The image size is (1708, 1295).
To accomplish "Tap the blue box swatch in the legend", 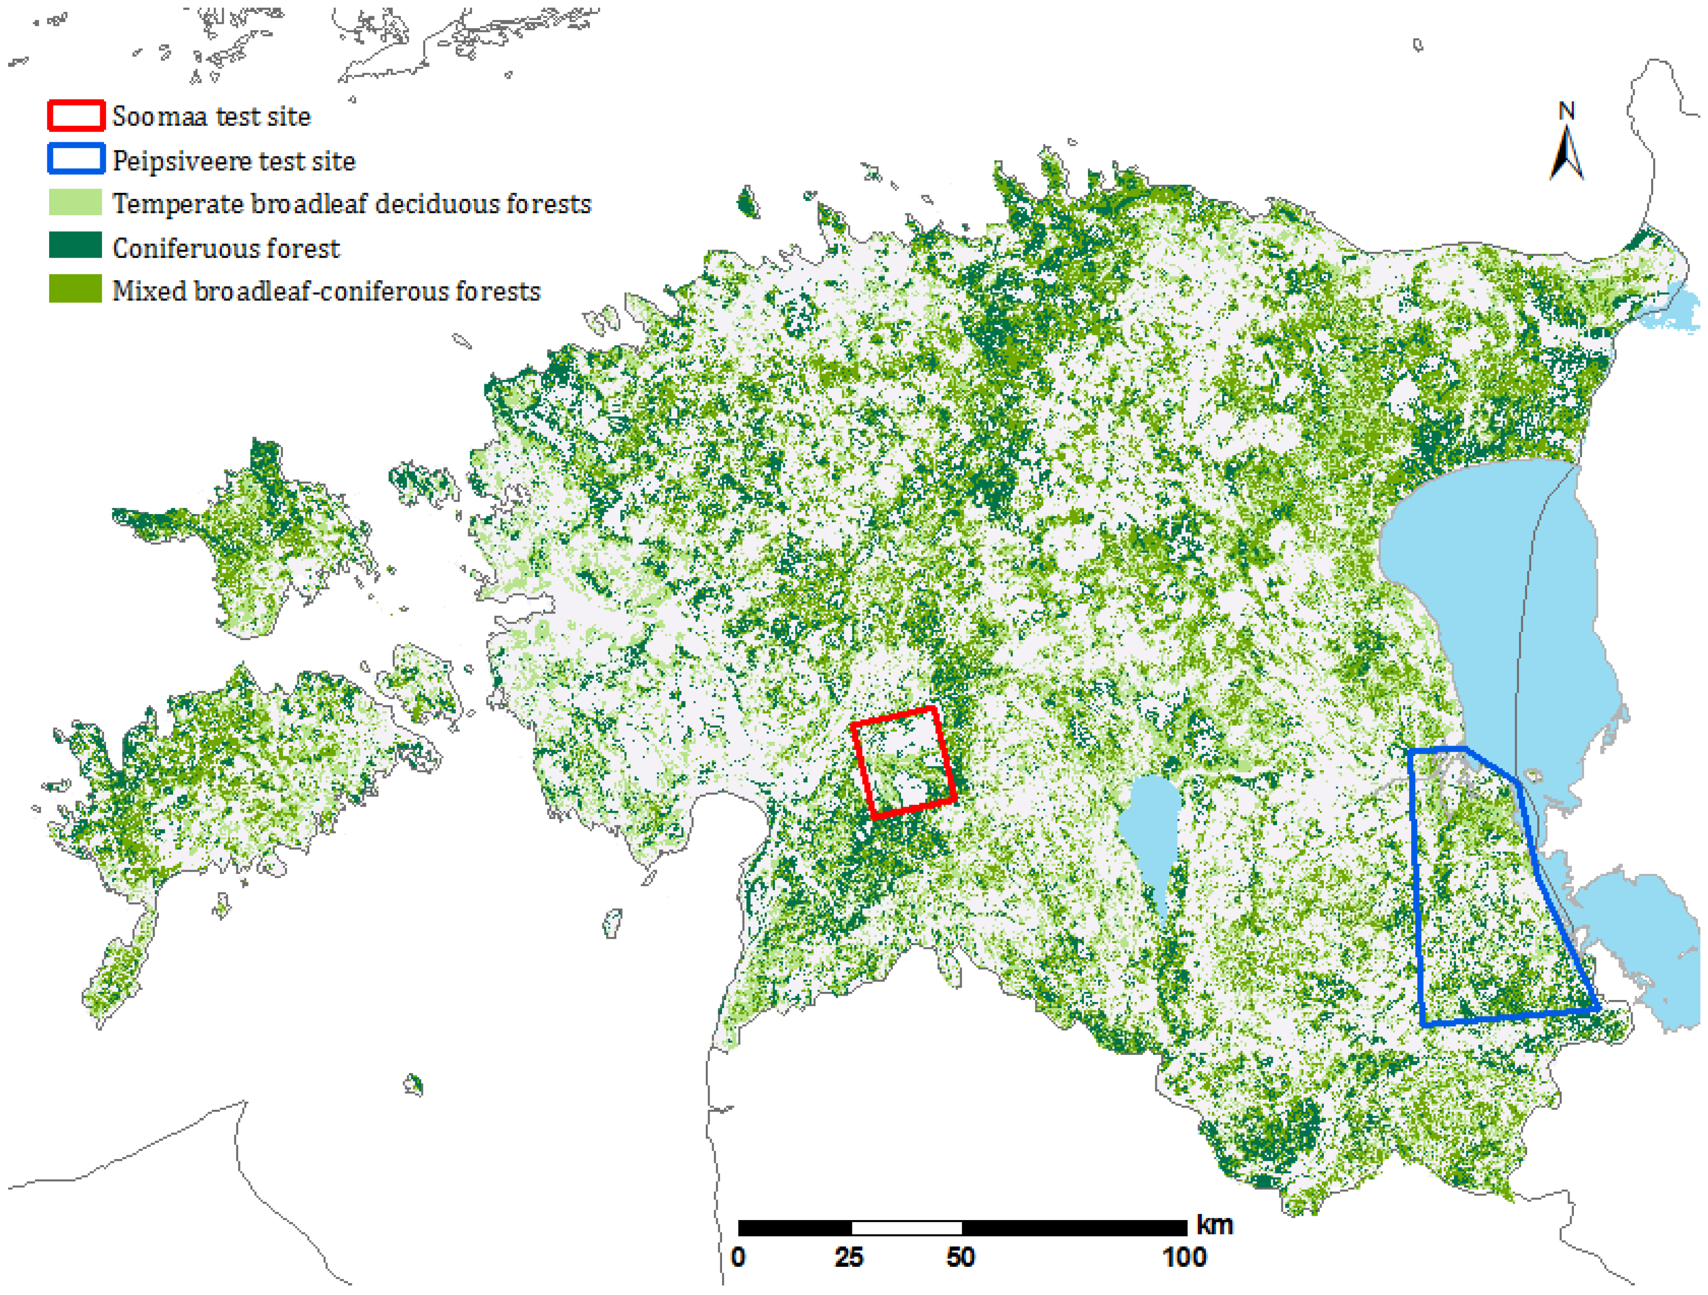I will (x=76, y=159).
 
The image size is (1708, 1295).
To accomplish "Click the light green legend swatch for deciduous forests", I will (x=76, y=202).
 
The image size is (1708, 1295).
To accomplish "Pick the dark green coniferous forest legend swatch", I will (x=76, y=245).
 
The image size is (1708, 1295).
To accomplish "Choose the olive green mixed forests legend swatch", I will (x=76, y=289).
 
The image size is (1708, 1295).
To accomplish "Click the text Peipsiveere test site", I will (x=233, y=160).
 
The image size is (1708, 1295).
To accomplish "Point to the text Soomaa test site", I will (x=211, y=116).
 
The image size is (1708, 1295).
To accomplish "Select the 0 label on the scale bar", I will (x=738, y=1257).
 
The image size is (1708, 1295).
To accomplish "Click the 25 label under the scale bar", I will (x=849, y=1257).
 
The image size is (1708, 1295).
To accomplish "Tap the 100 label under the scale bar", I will (x=1184, y=1257).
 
